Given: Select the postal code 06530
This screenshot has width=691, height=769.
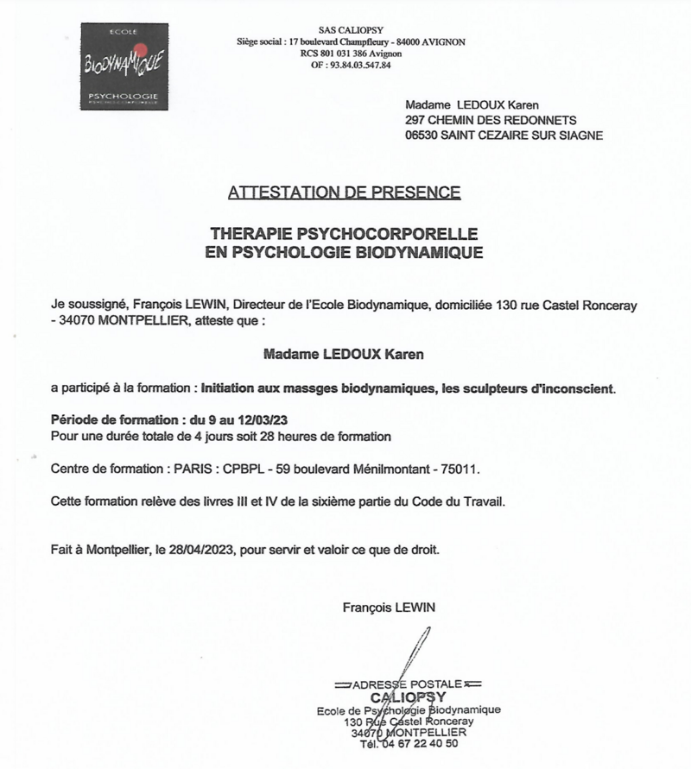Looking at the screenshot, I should tap(423, 136).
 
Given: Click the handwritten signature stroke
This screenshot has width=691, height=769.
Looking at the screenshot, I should tap(415, 665).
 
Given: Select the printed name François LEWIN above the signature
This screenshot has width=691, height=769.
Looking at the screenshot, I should tap(390, 608).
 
